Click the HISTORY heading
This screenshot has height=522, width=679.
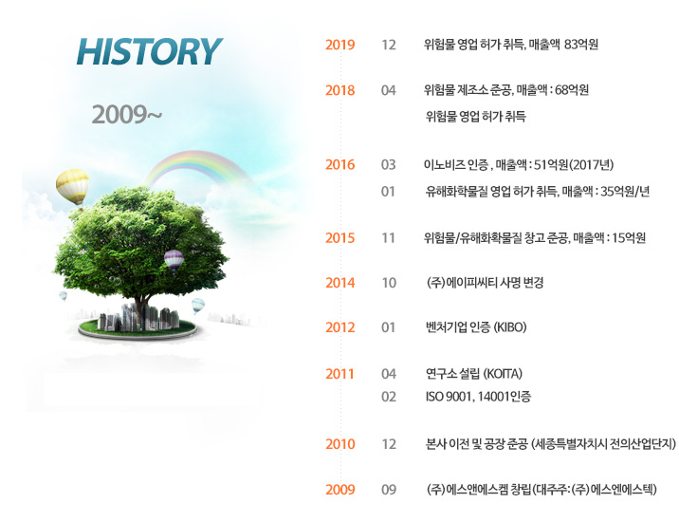click(150, 51)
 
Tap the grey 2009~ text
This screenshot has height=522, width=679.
click(127, 115)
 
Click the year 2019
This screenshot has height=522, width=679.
click(339, 45)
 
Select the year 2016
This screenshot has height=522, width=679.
click(339, 165)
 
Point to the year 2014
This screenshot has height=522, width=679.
click(339, 283)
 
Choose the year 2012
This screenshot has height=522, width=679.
click(339, 327)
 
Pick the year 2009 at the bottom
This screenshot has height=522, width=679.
click(339, 490)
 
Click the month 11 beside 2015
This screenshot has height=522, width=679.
click(388, 238)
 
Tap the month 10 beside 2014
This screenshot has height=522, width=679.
click(389, 283)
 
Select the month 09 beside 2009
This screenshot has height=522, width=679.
click(389, 490)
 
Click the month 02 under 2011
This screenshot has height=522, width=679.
click(389, 397)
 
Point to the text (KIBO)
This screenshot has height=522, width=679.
click(510, 326)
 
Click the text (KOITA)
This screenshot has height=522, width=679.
click(503, 373)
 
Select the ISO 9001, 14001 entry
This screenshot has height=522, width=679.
click(478, 397)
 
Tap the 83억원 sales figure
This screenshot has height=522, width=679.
click(581, 45)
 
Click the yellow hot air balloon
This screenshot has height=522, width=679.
click(72, 186)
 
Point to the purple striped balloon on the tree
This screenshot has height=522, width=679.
click(174, 260)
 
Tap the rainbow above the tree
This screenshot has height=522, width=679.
click(197, 167)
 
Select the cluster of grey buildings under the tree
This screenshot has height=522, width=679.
click(138, 317)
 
